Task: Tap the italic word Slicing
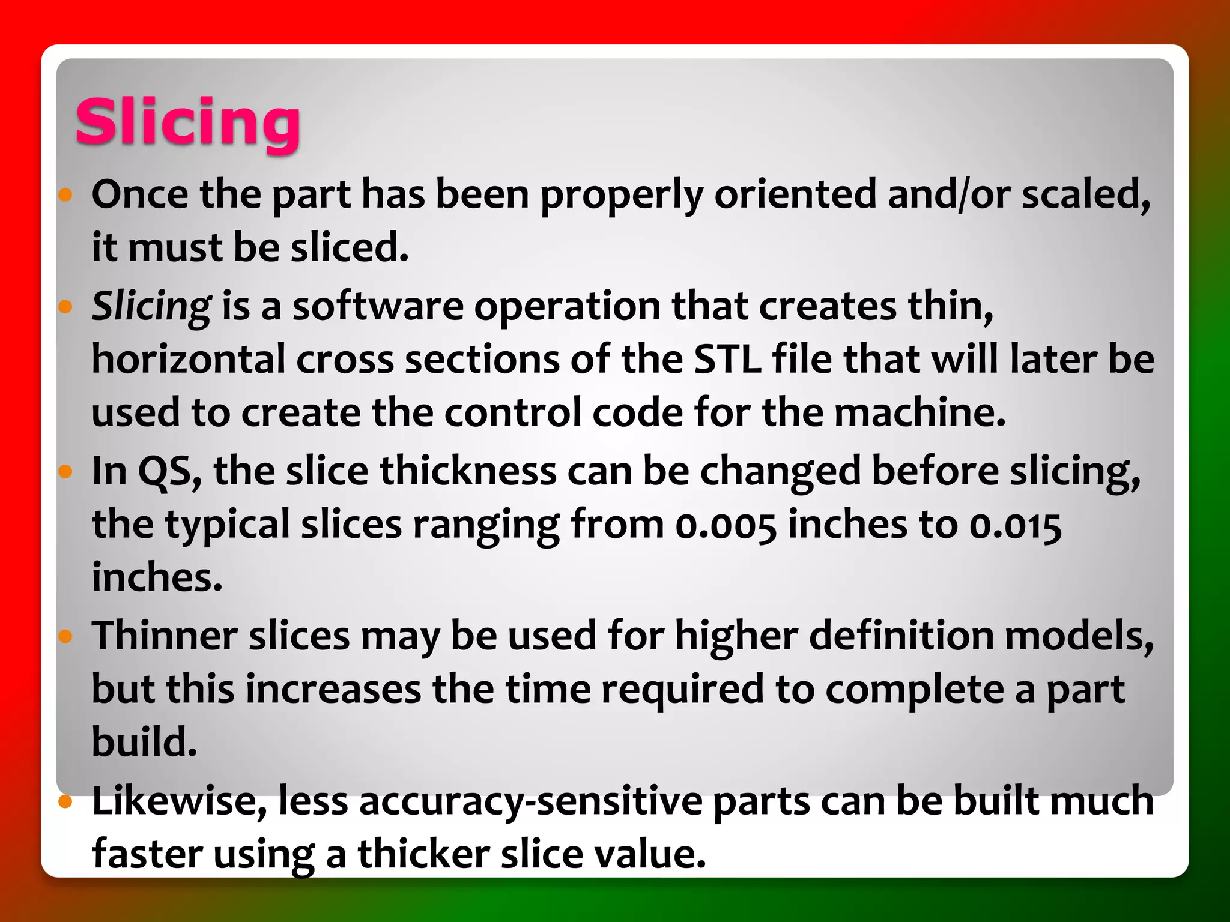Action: point(151,306)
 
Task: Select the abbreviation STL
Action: point(727,359)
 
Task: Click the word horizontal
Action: point(189,359)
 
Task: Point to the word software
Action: point(378,306)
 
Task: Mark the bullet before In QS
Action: point(65,472)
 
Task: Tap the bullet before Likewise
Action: point(65,801)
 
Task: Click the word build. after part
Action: point(144,741)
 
